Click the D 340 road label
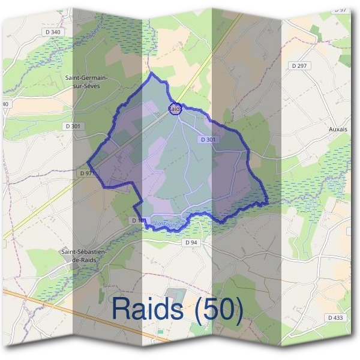pyautogui.click(x=53, y=32)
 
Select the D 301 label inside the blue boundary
pyautogui.click(x=208, y=139)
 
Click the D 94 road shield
pyautogui.click(x=191, y=242)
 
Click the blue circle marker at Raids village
pyautogui.click(x=175, y=109)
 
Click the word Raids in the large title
pyautogui.click(x=147, y=308)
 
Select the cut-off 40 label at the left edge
pyautogui.click(x=5, y=104)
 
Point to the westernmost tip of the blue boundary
pyautogui.click(x=88, y=163)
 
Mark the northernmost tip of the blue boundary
pyautogui.click(x=151, y=73)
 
